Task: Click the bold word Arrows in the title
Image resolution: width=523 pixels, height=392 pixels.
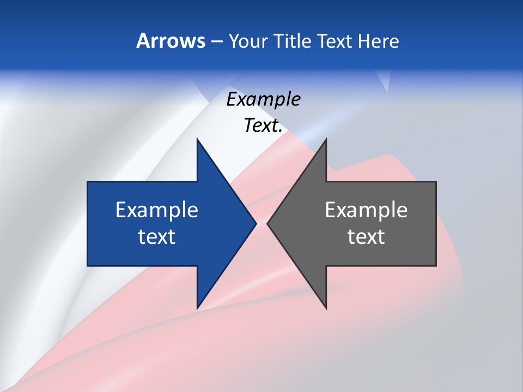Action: [171, 41]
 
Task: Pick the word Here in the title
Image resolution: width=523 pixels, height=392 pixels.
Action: [379, 41]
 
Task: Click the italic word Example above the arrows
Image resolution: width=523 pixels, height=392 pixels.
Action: [263, 100]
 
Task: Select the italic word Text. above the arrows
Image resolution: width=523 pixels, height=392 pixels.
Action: [263, 126]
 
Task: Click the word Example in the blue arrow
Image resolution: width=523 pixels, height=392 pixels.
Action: [157, 210]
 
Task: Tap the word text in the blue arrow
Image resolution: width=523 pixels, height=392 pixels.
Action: [157, 237]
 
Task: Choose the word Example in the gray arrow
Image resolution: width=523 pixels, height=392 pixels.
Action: [366, 210]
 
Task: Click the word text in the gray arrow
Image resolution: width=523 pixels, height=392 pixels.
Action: [366, 237]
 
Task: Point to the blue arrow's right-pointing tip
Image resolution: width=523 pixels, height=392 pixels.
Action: [256, 223]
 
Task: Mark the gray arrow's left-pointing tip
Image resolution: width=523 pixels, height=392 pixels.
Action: [267, 223]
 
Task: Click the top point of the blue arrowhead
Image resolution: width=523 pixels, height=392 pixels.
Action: [197, 139]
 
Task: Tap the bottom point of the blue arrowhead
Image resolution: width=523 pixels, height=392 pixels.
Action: [197, 309]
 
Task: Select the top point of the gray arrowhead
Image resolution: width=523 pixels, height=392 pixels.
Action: [326, 139]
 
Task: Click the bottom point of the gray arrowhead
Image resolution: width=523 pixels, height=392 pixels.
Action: [326, 309]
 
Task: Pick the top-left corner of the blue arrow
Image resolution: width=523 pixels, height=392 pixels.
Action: [88, 182]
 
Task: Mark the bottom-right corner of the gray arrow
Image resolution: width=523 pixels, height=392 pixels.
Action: [436, 266]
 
